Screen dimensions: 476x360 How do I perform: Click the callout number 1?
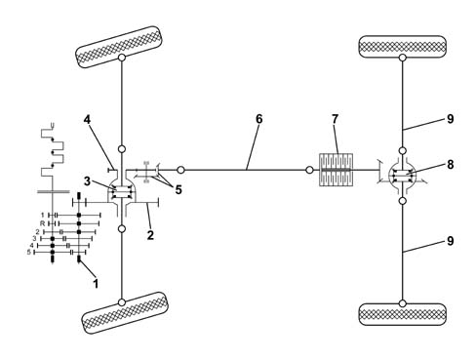tap(96, 283)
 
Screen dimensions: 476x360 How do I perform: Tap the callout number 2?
tap(150, 235)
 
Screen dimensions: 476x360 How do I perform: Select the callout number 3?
tap(87, 181)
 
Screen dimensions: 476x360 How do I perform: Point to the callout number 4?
tap(87, 120)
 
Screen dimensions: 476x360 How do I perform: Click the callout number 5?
tap(178, 189)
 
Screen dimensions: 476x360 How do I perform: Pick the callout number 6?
tap(258, 119)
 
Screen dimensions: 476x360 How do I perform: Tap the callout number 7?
tap(336, 119)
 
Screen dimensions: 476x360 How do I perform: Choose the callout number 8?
tap(451, 165)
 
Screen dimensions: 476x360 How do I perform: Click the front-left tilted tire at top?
tap(119, 47)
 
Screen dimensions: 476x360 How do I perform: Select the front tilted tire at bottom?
tap(125, 313)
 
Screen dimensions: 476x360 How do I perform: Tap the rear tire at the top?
tap(402, 47)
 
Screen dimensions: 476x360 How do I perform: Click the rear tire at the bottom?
tap(402, 314)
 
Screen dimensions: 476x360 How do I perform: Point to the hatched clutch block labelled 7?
tap(336, 170)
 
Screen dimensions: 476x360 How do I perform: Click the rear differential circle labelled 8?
tap(403, 176)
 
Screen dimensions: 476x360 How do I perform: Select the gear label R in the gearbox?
tap(42, 223)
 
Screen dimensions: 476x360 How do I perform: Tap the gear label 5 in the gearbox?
tap(29, 252)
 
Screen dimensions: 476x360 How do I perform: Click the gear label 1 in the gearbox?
tap(42, 215)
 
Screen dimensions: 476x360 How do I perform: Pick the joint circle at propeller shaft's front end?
tap(180, 170)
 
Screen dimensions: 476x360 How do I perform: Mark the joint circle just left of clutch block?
tap(310, 170)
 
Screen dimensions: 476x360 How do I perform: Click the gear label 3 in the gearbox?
tap(34, 238)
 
